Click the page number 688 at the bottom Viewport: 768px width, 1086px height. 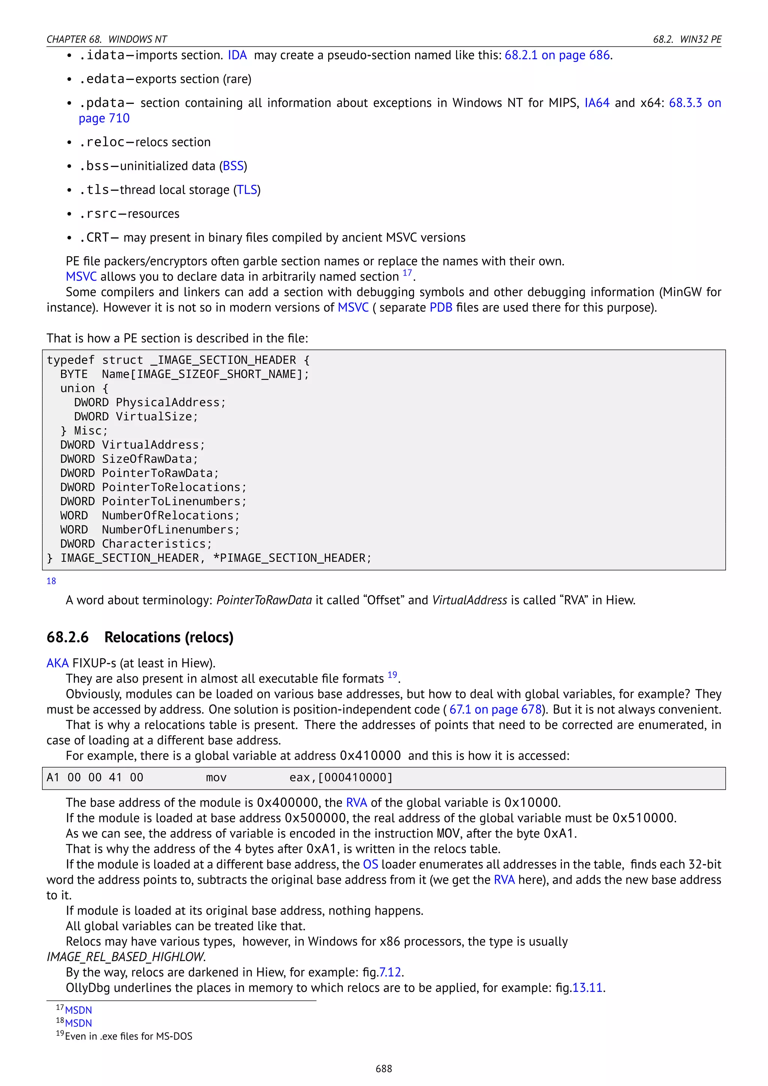click(384, 1068)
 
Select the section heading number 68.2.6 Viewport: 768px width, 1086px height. click(67, 637)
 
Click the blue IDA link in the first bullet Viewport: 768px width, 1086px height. click(237, 55)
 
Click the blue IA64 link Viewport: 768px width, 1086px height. click(597, 103)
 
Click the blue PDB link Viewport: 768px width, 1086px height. click(441, 307)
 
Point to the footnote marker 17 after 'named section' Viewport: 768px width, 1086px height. click(407, 273)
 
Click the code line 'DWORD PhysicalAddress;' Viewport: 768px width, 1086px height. click(150, 402)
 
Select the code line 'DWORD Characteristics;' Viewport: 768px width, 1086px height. click(136, 544)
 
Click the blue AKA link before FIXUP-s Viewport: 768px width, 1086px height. click(57, 663)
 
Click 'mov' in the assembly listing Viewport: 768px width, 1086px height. click(216, 778)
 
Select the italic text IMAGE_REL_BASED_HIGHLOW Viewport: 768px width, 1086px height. click(126, 957)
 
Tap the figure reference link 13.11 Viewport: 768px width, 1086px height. click(587, 988)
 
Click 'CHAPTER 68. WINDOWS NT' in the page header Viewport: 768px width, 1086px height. click(106, 39)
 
